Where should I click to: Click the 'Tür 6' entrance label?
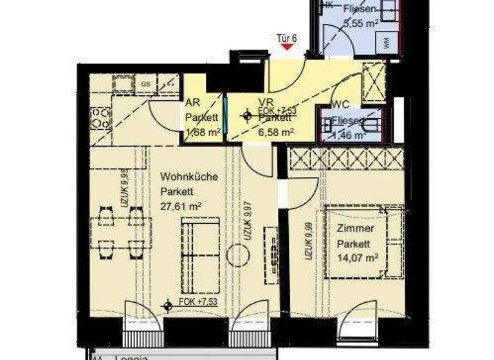tap(286, 38)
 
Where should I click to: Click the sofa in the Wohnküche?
tap(199, 246)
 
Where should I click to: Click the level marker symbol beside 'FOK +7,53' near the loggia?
tap(169, 305)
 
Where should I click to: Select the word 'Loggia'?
tap(132, 355)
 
